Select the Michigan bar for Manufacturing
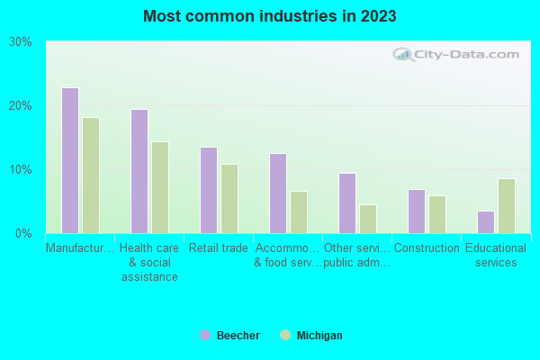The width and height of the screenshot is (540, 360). click(x=91, y=175)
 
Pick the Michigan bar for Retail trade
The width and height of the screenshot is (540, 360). click(x=229, y=199)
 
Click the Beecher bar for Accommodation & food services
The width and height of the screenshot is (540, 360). click(x=278, y=193)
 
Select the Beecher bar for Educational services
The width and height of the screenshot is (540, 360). click(x=485, y=222)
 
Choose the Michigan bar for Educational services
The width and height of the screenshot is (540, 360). click(x=507, y=206)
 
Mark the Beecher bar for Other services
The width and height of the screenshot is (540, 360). click(x=347, y=203)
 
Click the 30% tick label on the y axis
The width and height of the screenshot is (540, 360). click(x=20, y=42)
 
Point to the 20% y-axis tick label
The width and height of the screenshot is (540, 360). click(x=20, y=106)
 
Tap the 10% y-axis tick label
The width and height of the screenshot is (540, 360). click(x=20, y=170)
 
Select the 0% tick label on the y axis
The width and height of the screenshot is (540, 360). click(x=23, y=234)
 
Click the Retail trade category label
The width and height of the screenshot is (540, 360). click(x=218, y=248)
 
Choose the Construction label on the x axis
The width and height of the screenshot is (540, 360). click(x=427, y=248)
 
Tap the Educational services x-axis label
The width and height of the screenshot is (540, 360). click(x=496, y=256)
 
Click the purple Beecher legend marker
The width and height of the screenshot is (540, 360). click(x=205, y=335)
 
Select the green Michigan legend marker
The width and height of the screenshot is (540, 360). click(x=286, y=335)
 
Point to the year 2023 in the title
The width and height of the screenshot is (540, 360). click(x=378, y=16)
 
